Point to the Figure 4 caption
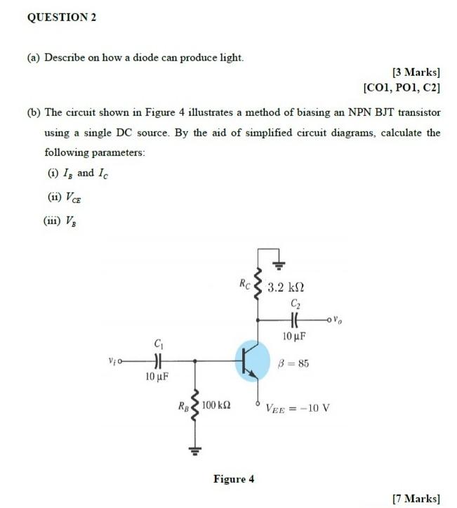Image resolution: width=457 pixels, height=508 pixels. [x=234, y=479]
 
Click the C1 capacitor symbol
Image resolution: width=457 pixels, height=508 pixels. [x=157, y=360]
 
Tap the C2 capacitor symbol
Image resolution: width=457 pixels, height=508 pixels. [x=294, y=319]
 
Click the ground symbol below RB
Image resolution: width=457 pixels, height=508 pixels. [x=194, y=450]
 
